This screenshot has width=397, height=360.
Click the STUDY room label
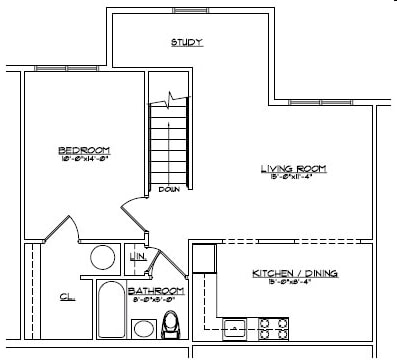coord(187,43)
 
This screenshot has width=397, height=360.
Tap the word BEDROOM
coord(83,149)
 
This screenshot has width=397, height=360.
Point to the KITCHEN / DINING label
coord(295,273)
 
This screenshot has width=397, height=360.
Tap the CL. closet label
coord(66,296)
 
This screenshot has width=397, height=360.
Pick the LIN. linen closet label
coord(137,257)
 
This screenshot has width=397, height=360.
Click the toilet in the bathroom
coord(171,324)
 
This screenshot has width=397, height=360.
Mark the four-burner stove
coord(274,326)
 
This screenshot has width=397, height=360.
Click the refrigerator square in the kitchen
coord(204,257)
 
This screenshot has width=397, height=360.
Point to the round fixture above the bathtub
coord(104,258)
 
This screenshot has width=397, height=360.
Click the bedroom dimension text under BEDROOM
coord(83,158)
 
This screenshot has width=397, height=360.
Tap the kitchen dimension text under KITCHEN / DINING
coord(295,282)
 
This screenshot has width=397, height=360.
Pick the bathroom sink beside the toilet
coord(144,328)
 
